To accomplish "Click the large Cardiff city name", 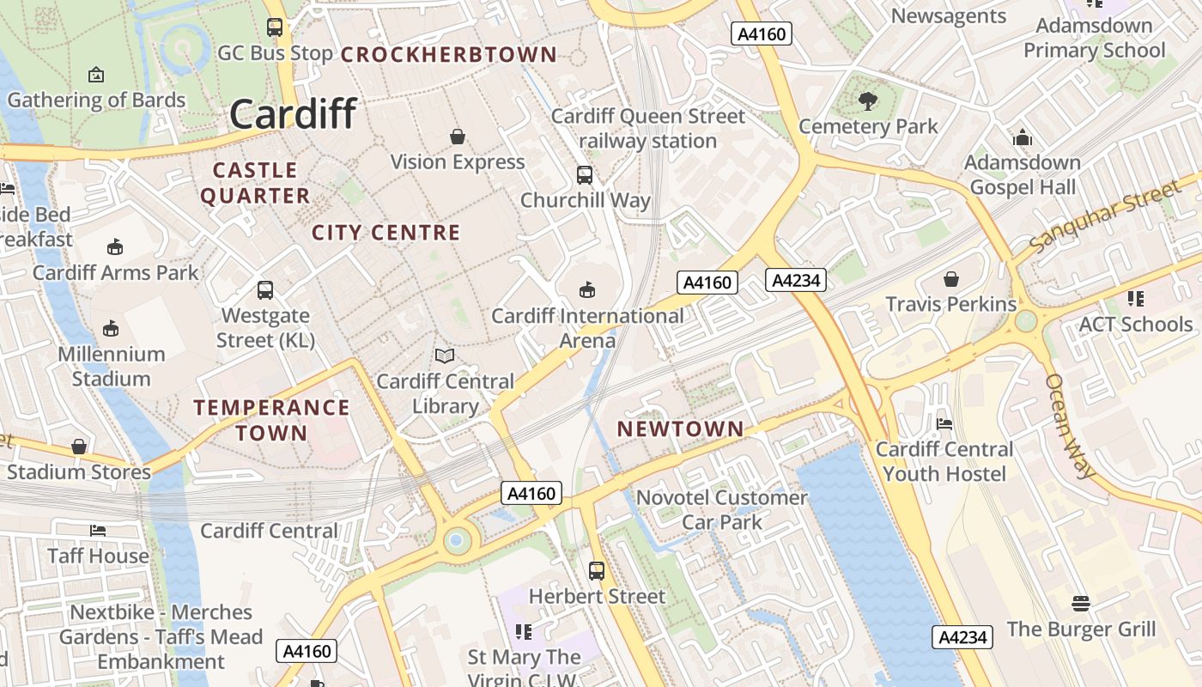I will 293,114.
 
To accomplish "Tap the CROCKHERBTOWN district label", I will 449,55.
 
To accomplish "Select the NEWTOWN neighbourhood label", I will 681,429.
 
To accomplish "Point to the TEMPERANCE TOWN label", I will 271,420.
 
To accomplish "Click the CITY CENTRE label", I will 385,233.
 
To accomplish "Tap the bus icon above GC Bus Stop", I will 275,27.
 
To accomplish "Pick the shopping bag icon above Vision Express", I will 458,137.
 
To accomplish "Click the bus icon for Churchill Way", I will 585,175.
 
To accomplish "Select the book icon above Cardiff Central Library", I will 445,356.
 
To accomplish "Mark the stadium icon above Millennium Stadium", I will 111,328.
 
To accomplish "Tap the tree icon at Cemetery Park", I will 868,101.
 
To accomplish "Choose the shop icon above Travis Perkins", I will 950,279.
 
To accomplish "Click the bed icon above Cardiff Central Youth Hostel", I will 944,423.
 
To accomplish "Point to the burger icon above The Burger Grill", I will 1081,603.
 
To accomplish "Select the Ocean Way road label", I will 1071,426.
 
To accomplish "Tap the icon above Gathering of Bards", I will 96,75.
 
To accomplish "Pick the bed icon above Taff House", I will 98,531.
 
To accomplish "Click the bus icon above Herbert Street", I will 596,570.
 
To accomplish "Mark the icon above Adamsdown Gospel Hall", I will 1022,137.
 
